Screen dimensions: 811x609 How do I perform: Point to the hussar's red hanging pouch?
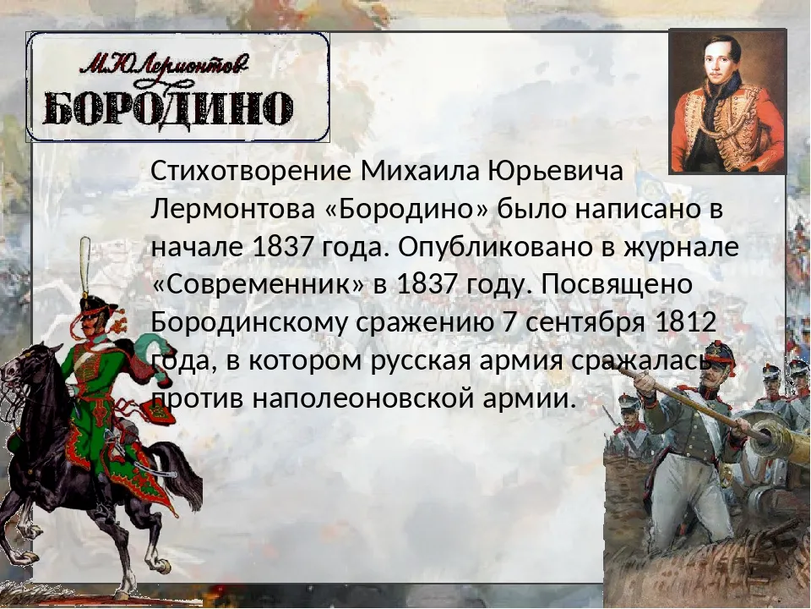(x=155, y=412)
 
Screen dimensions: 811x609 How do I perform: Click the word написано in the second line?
(x=631, y=209)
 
